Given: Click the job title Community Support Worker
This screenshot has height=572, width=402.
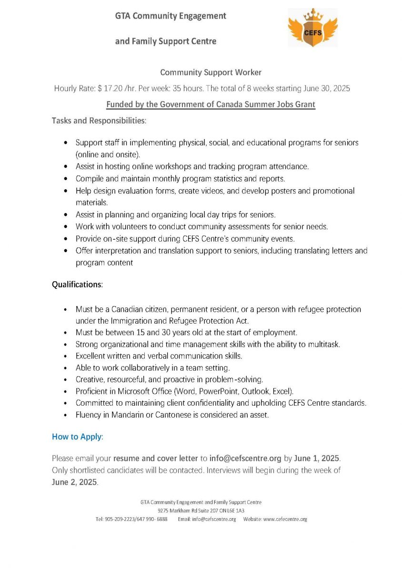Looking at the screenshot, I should tap(211, 72).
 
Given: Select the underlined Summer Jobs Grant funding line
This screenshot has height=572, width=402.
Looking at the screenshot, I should tap(211, 104).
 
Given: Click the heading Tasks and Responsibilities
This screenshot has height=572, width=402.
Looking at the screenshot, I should tap(99, 121).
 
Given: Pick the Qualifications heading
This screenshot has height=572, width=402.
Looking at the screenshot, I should tap(77, 285).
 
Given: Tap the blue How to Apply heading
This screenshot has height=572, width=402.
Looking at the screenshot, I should tap(77, 437).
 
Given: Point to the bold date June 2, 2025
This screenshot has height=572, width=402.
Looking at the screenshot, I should tap(74, 482).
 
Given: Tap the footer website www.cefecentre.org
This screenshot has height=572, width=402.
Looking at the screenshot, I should tap(285, 519).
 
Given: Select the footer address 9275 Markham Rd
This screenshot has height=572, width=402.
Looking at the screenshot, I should tap(179, 511).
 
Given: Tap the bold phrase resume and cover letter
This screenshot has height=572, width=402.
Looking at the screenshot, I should tap(155, 459).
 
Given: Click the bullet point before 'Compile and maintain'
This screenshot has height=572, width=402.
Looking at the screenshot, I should tap(65, 179).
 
